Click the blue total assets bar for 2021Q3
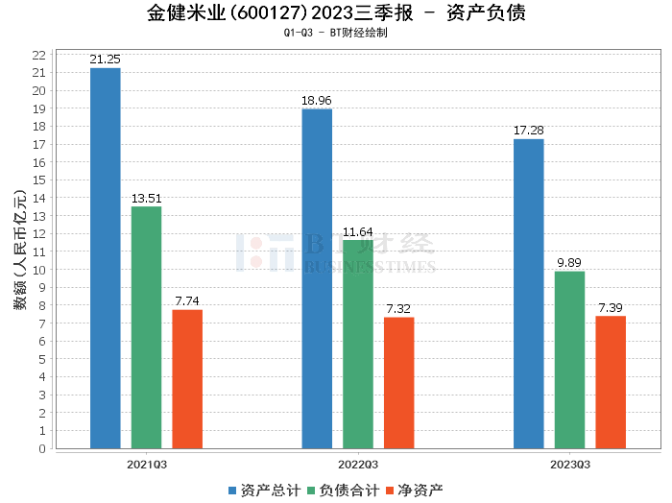[105, 258]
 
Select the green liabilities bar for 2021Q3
[146, 327]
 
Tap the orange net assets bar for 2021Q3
[187, 379]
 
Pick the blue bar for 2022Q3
[317, 278]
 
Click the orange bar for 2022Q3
[399, 383]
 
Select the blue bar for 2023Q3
[528, 294]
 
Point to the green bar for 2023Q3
[569, 360]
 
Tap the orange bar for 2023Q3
[611, 382]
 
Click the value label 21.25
[105, 60]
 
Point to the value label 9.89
[569, 263]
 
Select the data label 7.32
[399, 309]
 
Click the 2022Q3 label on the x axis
[358, 465]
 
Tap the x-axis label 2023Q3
[569, 465]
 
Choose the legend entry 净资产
[419, 491]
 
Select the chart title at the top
[336, 13]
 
